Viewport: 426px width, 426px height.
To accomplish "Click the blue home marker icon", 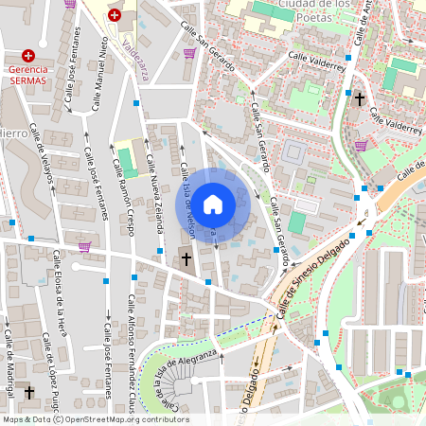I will (x=214, y=204).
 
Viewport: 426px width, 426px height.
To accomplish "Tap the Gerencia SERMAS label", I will (x=28, y=76).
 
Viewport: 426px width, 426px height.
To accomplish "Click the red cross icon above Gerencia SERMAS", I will (x=28, y=56).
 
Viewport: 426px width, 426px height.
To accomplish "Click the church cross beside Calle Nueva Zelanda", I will (x=186, y=258).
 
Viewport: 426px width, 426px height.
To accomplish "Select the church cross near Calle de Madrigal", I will (x=29, y=392).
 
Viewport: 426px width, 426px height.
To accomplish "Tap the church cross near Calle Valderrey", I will (x=360, y=98).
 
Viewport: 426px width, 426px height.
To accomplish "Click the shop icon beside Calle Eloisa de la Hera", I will (x=85, y=247).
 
